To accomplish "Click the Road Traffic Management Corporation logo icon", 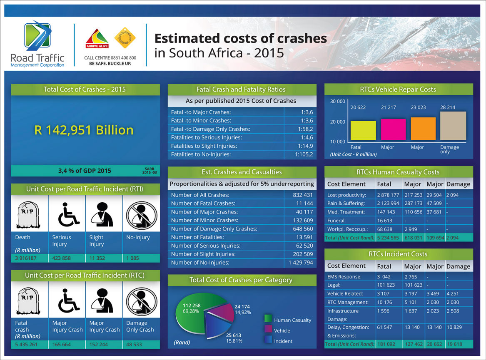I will (x=37, y=36).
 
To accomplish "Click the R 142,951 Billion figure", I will (x=84, y=130).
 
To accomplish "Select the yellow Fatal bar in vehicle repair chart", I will (x=363, y=130).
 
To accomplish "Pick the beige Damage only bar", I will (x=453, y=126).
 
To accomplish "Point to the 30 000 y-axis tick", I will (x=337, y=102).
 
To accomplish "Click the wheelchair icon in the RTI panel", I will (x=67, y=215).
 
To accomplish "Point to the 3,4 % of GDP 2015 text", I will (x=85, y=171).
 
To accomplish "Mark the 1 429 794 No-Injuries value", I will (x=300, y=263).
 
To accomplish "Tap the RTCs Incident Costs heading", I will (x=398, y=254).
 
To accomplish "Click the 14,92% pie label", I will (x=242, y=312).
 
